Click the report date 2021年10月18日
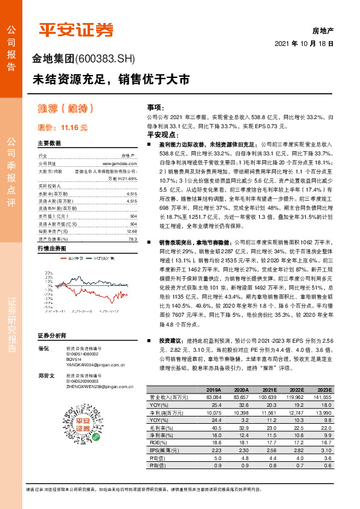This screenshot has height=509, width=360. tap(304, 44)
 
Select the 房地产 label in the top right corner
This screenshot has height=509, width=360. tap(323, 29)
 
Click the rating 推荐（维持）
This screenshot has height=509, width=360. tap(66, 109)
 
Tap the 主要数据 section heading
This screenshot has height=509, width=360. tap(50, 143)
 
